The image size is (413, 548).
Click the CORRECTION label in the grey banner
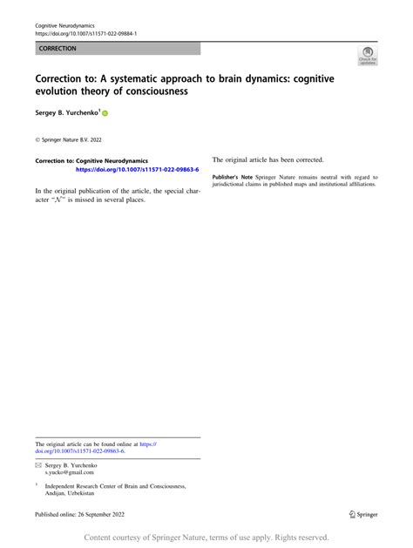click(58, 49)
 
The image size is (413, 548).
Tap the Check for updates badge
click(368, 57)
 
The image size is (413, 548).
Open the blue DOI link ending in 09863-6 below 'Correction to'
click(138, 170)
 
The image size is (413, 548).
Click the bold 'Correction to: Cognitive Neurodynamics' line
click(91, 161)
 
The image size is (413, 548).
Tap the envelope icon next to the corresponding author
click(38, 466)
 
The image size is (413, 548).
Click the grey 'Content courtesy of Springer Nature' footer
click(206, 538)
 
